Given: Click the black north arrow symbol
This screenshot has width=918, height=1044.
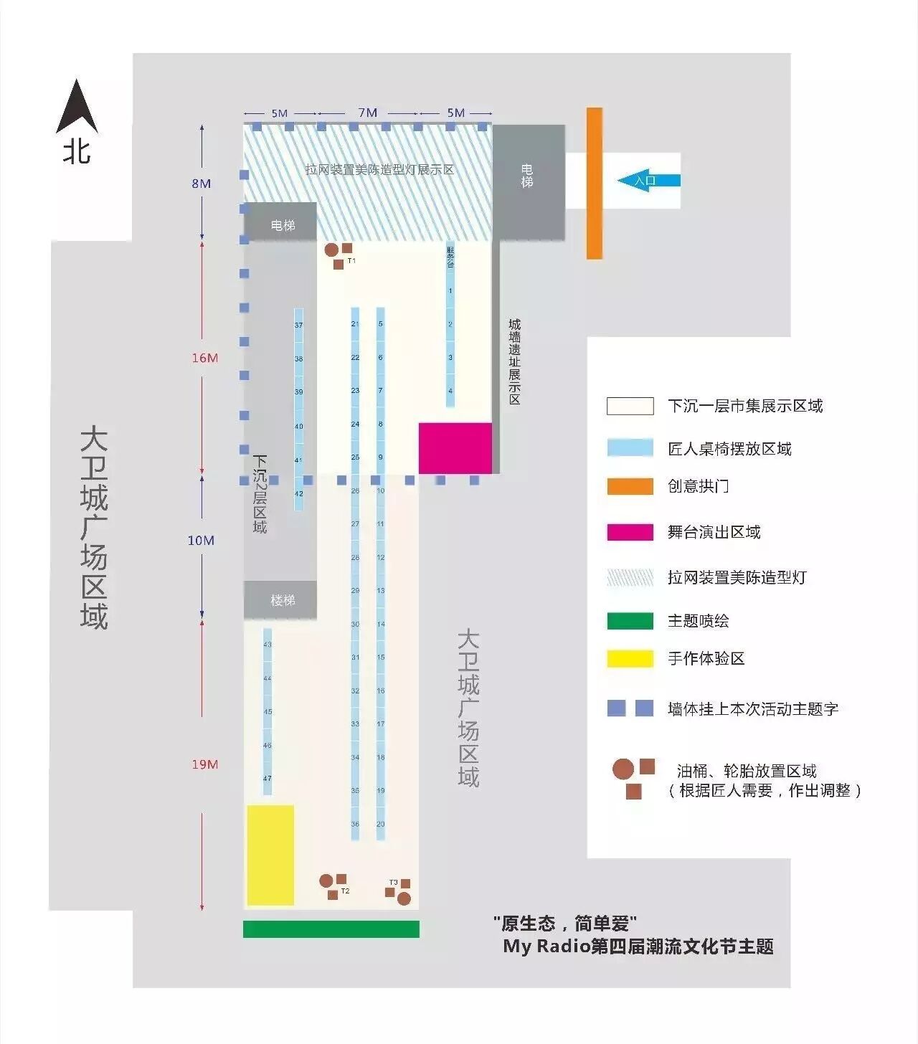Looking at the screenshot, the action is (77, 109).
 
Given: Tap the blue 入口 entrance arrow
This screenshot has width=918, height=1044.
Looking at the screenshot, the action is (648, 181).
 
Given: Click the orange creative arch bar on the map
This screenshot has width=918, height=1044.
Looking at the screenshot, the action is (594, 183).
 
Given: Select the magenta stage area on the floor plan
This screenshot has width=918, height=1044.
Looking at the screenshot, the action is (455, 448).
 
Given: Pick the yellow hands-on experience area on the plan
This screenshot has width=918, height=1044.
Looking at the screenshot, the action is (270, 855).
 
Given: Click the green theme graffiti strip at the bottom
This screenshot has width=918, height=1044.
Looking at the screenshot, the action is (331, 929).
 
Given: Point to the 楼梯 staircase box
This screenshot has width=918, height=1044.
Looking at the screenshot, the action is (283, 600).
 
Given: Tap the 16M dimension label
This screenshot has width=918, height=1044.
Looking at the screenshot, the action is (204, 358).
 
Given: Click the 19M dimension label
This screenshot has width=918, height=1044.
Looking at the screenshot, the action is (204, 764).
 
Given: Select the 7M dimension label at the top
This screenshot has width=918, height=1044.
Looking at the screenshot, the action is (367, 113).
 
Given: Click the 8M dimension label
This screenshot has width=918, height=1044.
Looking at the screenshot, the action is (201, 184).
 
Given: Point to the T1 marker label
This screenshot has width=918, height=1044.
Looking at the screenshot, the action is (351, 261).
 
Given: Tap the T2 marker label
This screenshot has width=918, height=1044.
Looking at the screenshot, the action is (345, 891).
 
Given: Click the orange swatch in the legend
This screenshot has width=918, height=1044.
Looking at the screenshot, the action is (630, 486).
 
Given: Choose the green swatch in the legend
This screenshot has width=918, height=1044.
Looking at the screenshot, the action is (630, 621).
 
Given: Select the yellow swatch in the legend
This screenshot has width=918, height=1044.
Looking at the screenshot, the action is (630, 658).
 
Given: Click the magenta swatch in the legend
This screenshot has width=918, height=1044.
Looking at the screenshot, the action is (630, 532).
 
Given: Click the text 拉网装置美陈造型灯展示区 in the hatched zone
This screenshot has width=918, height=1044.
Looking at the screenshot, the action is (379, 170).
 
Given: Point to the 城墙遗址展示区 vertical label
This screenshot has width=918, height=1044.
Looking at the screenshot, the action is (514, 362).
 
